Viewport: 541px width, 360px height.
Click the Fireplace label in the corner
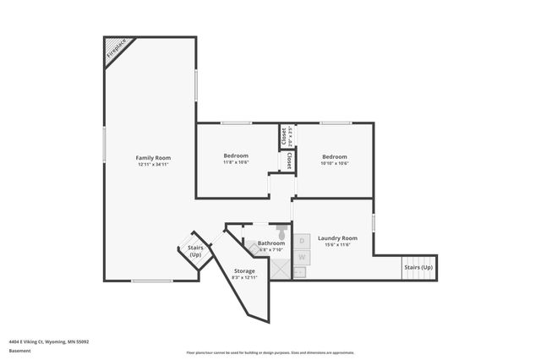pyautogui.click(x=115, y=52)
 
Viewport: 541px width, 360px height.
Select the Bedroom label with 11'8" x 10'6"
pyautogui.click(x=236, y=156)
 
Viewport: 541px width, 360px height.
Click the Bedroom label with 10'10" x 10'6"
pyautogui.click(x=335, y=156)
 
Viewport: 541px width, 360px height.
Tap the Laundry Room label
pyautogui.click(x=337, y=238)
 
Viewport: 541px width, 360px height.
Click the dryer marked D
pyautogui.click(x=301, y=241)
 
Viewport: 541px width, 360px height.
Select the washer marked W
pyautogui.click(x=301, y=256)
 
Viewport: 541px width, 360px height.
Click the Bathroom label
pyautogui.click(x=260, y=243)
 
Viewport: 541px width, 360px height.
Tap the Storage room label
pyautogui.click(x=244, y=271)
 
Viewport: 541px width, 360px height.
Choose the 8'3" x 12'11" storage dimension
pyautogui.click(x=244, y=278)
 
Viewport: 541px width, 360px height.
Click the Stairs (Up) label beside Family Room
pyautogui.click(x=195, y=252)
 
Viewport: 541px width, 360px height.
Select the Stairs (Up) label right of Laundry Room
pyautogui.click(x=418, y=268)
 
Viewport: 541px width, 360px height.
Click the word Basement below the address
pyautogui.click(x=20, y=351)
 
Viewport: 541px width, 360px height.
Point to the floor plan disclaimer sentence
pyautogui.click(x=270, y=352)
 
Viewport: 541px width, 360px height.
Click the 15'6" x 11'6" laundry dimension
pyautogui.click(x=337, y=245)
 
